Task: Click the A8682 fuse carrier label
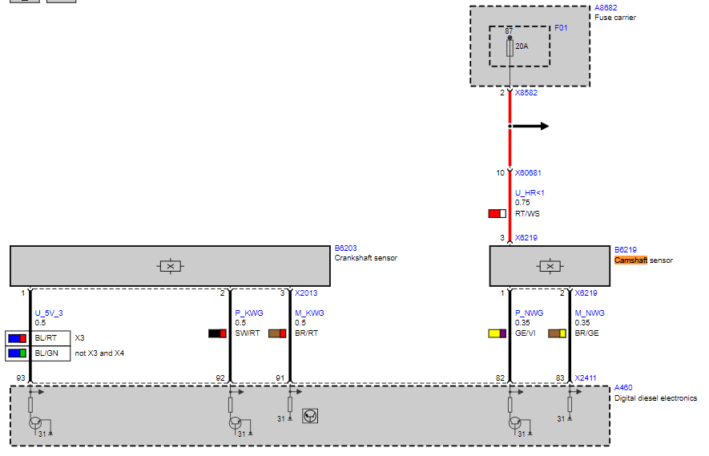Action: pyautogui.click(x=606, y=8)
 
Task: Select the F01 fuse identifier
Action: pyautogui.click(x=561, y=27)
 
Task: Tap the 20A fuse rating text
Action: pyautogui.click(x=522, y=46)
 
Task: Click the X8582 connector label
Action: pyautogui.click(x=526, y=93)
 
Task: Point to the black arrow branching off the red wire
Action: pyautogui.click(x=529, y=126)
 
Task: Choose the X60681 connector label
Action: pyautogui.click(x=528, y=173)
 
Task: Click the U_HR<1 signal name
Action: pyautogui.click(x=530, y=192)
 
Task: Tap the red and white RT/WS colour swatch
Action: pyautogui.click(x=497, y=213)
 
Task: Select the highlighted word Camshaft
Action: pyautogui.click(x=630, y=260)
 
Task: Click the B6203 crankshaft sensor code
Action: pyautogui.click(x=345, y=248)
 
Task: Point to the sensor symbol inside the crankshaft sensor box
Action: pyautogui.click(x=170, y=266)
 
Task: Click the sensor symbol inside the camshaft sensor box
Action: pyautogui.click(x=550, y=266)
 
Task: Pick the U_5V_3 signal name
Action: pyautogui.click(x=49, y=313)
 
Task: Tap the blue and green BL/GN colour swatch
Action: pyautogui.click(x=17, y=353)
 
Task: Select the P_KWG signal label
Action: pyautogui.click(x=248, y=313)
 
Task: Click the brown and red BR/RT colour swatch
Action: pyautogui.click(x=277, y=333)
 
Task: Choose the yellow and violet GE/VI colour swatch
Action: pyautogui.click(x=497, y=333)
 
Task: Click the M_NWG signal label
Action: pyautogui.click(x=590, y=313)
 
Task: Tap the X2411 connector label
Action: pyautogui.click(x=586, y=378)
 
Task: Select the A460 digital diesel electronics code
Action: pyautogui.click(x=623, y=388)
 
